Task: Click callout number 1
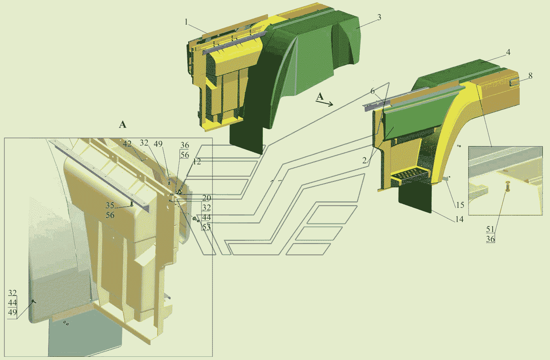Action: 186,22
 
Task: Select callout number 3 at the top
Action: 379,18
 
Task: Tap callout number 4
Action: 508,52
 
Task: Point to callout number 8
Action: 530,76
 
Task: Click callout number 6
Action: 372,91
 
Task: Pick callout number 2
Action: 365,161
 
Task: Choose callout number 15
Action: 460,205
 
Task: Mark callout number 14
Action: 460,219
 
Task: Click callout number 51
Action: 490,229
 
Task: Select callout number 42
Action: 127,144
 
